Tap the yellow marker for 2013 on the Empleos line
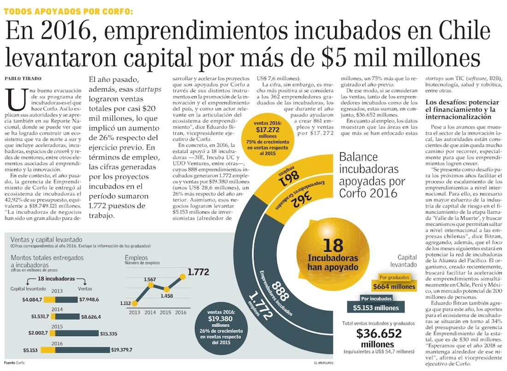click(135, 304)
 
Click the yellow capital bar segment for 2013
click(53, 300)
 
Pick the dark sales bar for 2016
click(83, 350)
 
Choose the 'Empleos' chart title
click(136, 257)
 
